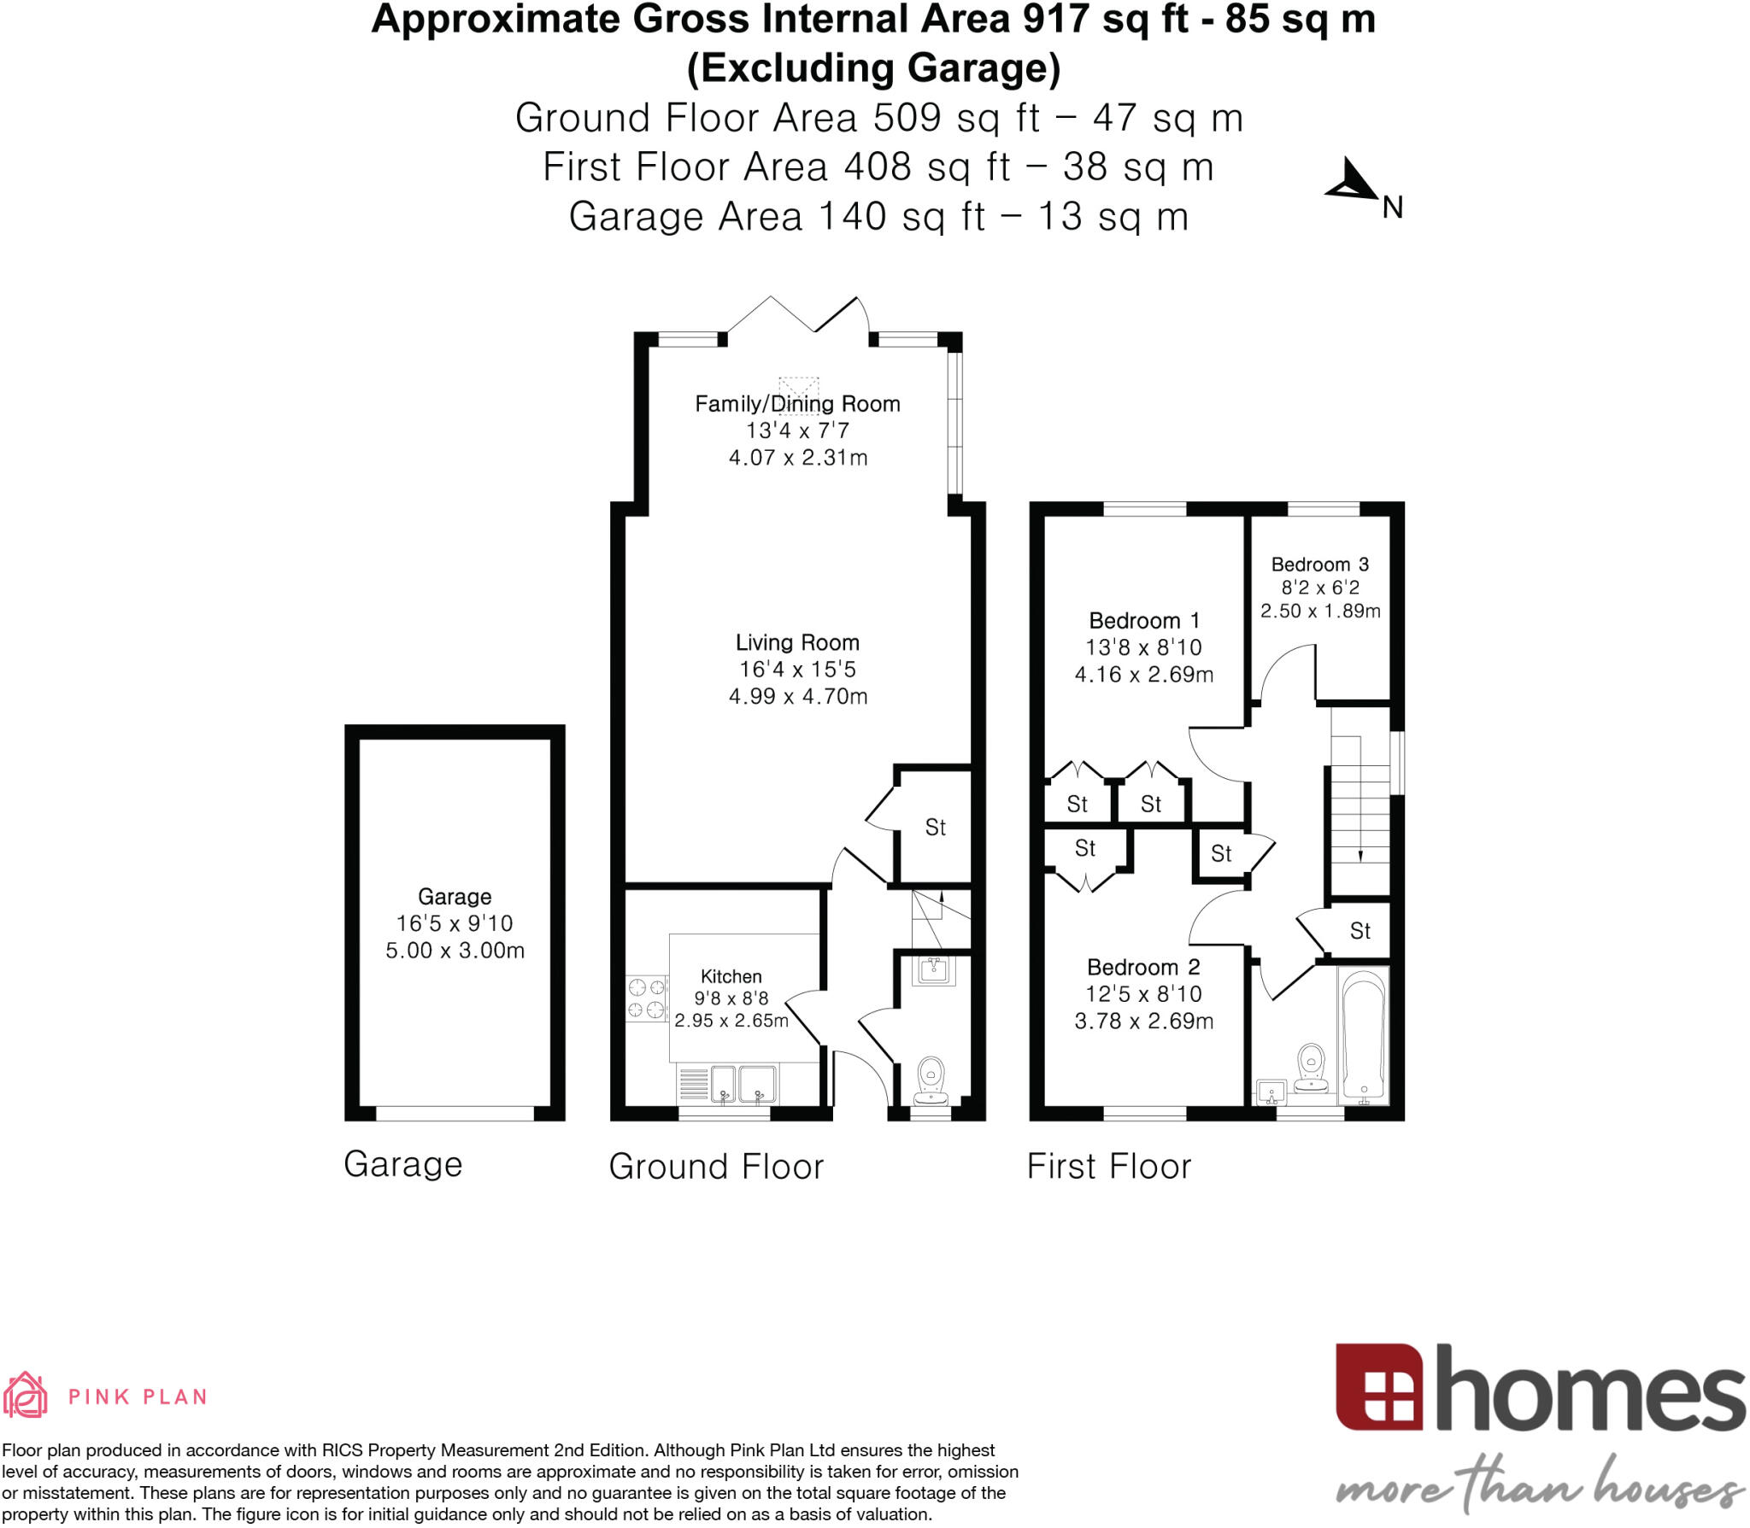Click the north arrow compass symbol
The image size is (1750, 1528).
1353,181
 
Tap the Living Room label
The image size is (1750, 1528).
797,642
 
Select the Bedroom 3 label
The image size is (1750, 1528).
1319,565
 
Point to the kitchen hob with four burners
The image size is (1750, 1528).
646,998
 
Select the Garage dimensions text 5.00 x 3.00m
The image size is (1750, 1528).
455,951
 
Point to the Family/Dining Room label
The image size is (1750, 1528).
797,404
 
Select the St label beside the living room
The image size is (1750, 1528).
935,827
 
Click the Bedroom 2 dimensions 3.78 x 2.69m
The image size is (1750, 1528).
1143,1021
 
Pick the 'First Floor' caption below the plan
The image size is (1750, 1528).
1108,1166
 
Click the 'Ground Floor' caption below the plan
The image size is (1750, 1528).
716,1166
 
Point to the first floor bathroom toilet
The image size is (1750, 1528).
1310,1067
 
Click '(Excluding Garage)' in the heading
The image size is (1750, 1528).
873,68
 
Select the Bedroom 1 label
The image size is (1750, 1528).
1143,621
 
